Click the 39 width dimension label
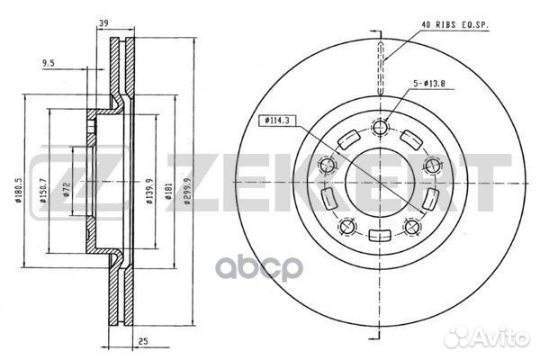103,23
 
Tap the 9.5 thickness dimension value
49,63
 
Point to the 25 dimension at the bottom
143,341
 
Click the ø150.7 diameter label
43,190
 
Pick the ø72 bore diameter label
67,190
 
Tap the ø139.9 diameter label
149,192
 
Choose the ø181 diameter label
168,192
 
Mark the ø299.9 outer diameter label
187,192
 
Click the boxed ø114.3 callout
276,121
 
